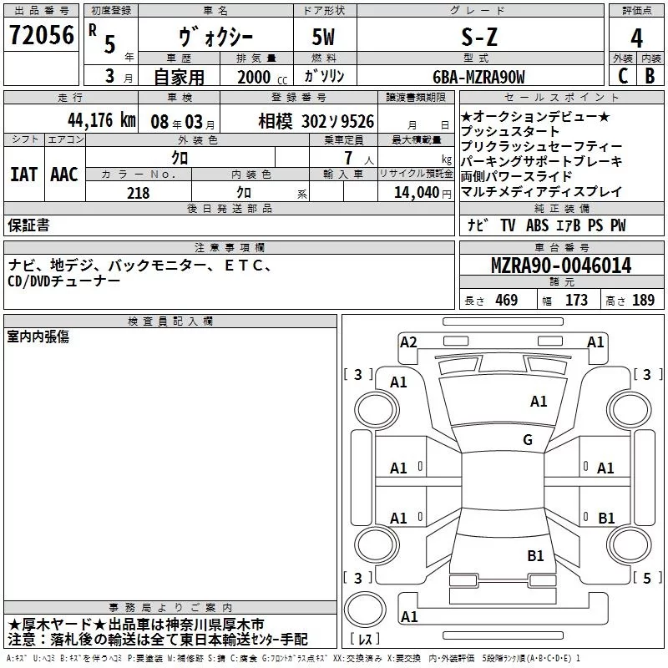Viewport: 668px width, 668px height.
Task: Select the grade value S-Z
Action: (x=478, y=37)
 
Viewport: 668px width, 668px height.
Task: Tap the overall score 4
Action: (x=637, y=38)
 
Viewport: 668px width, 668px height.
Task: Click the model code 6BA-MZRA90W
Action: (x=478, y=77)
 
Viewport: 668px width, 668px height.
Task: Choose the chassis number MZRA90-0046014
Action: (x=561, y=266)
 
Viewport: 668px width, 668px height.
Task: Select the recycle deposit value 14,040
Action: (x=415, y=192)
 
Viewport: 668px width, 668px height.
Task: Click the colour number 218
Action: (x=138, y=192)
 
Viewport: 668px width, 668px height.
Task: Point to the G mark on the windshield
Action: (x=528, y=440)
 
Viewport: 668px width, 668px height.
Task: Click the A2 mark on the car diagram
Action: (x=408, y=342)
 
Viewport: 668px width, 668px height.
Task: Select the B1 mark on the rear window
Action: (x=535, y=555)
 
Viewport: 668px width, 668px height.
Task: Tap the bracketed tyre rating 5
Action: (x=645, y=577)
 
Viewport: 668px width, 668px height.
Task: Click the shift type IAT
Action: (x=23, y=175)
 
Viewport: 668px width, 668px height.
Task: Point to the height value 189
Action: (x=643, y=300)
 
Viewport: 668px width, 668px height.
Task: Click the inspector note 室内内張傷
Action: (x=38, y=337)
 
